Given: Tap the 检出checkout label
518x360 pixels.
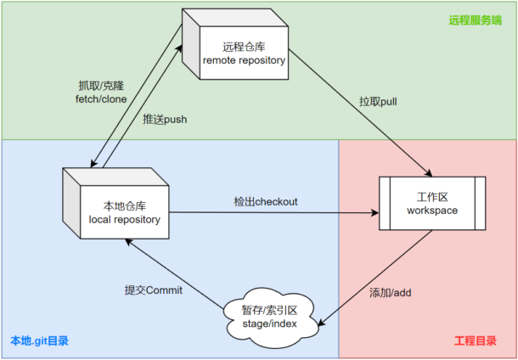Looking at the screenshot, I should [x=266, y=201].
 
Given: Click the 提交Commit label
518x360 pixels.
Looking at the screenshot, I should [x=154, y=290].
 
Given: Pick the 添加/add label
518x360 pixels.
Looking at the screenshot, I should [x=391, y=293].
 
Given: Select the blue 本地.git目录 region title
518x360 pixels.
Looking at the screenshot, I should [x=39, y=341].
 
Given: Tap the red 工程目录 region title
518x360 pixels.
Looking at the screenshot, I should [x=476, y=341].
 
